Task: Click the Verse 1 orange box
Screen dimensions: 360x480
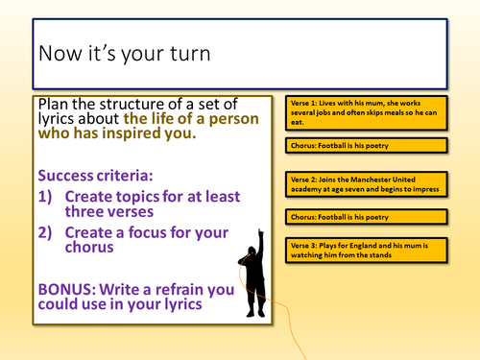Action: click(365, 114)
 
